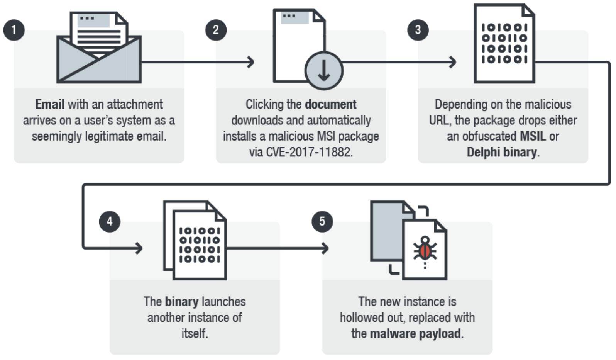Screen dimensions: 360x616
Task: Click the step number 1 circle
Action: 14,30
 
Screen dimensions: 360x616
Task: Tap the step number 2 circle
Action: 216,30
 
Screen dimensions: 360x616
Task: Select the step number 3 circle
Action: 418,30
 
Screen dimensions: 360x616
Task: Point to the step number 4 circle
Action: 110,221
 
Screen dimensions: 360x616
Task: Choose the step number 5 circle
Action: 322,221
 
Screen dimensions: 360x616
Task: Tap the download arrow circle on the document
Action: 323,71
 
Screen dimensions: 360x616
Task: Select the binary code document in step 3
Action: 504,44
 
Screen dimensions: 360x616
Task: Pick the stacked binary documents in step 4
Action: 195,240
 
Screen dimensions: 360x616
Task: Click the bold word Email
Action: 50,104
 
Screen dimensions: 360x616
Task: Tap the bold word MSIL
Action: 533,136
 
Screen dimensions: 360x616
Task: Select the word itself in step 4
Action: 195,333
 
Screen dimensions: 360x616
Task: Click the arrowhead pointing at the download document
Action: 251,62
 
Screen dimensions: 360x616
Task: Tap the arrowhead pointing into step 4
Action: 139,248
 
